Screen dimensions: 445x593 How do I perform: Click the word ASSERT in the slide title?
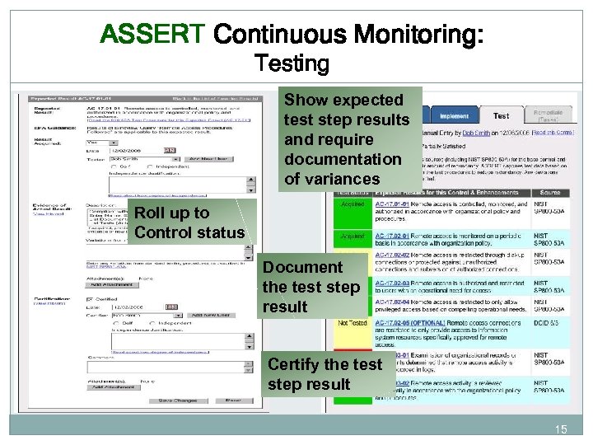152,35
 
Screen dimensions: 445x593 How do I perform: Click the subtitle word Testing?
292,63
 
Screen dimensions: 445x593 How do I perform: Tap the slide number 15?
561,429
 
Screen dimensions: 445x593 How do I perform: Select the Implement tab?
454,116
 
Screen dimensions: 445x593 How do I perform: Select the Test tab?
501,116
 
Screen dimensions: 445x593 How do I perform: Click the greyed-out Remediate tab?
547,116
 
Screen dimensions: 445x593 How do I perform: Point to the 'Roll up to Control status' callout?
189,222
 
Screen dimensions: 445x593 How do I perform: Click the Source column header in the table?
549,191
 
